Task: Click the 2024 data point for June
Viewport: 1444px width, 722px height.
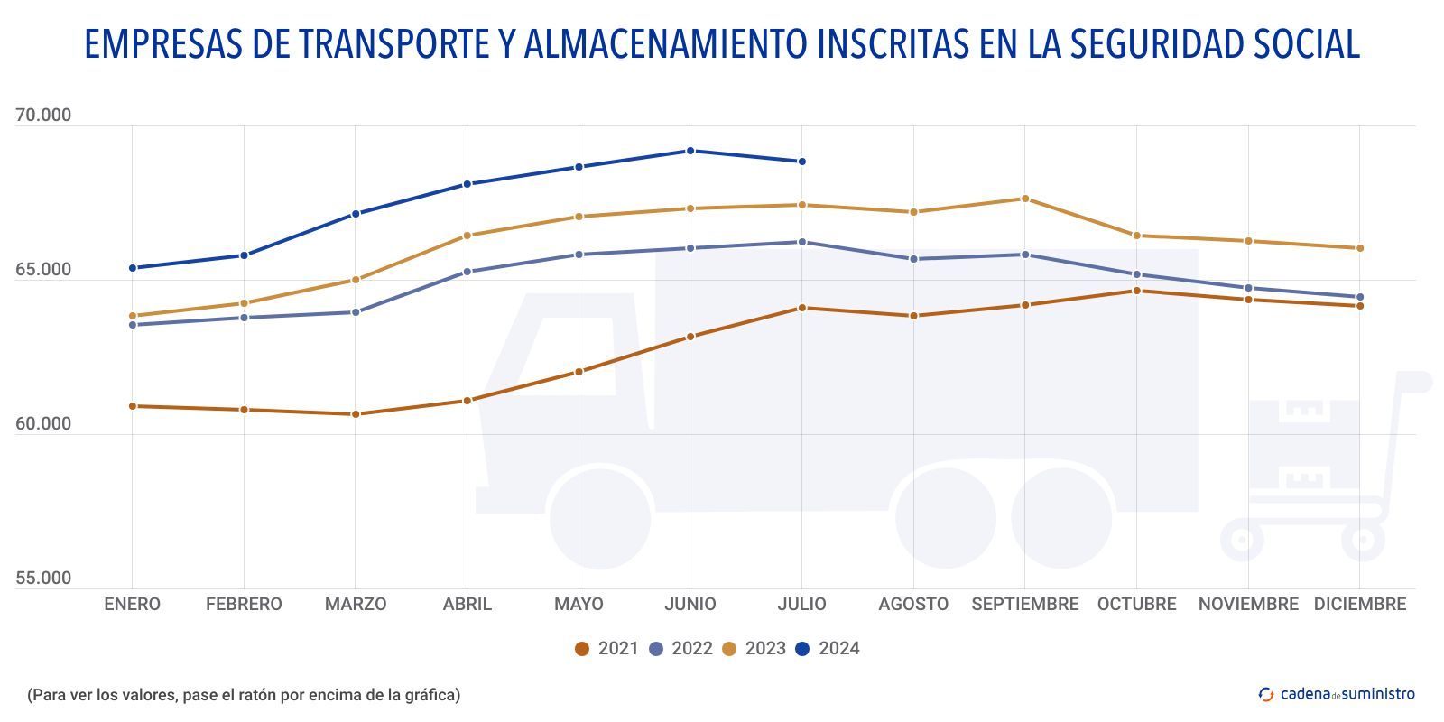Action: (x=690, y=151)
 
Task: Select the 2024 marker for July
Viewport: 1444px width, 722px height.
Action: (x=801, y=162)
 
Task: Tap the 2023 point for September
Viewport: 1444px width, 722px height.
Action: (x=1025, y=199)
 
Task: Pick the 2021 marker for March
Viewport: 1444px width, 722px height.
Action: (x=356, y=414)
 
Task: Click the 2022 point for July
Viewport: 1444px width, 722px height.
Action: (x=801, y=242)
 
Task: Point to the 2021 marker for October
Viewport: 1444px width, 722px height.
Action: (x=1136, y=291)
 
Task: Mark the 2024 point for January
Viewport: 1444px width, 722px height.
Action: (x=133, y=268)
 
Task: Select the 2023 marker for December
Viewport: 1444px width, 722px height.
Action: (x=1360, y=248)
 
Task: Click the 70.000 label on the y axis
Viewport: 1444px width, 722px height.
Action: (x=43, y=116)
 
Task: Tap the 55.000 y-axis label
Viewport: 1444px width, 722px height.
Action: (x=43, y=579)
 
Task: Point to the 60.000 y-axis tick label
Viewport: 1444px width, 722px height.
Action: (x=43, y=424)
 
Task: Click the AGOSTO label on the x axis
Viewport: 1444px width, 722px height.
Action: (x=913, y=605)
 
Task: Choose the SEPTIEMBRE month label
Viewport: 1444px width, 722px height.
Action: (x=1025, y=605)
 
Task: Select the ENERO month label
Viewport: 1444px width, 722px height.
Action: (x=133, y=605)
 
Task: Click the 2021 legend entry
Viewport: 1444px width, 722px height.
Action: (x=606, y=649)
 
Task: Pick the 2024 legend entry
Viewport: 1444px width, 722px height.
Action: (x=828, y=649)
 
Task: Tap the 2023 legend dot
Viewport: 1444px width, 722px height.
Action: (x=729, y=649)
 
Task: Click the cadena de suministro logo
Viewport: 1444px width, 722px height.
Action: (x=1337, y=694)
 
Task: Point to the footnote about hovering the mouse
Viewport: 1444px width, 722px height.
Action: (x=244, y=695)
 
